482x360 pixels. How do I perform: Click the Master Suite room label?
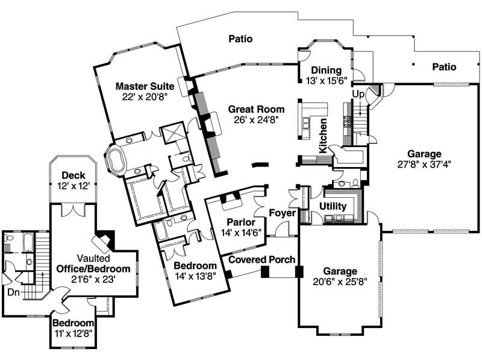(145, 85)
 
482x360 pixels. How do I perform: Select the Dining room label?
(326, 70)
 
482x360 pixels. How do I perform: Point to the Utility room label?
(333, 206)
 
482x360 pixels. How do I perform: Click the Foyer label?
(282, 213)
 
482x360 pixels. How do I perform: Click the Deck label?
(72, 175)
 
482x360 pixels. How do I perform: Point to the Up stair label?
(357, 95)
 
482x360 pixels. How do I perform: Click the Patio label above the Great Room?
(240, 39)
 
